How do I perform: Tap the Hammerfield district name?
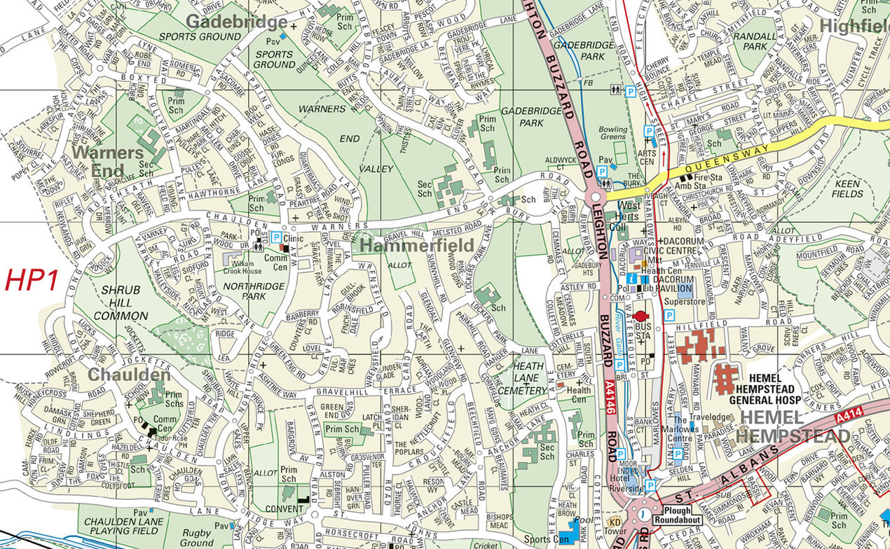click(x=417, y=245)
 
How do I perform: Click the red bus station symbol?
click(x=639, y=317)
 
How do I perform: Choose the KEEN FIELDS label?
click(x=848, y=188)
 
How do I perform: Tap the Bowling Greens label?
click(x=613, y=134)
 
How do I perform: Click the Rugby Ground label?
click(x=197, y=538)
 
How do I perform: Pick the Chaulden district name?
click(x=128, y=375)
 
